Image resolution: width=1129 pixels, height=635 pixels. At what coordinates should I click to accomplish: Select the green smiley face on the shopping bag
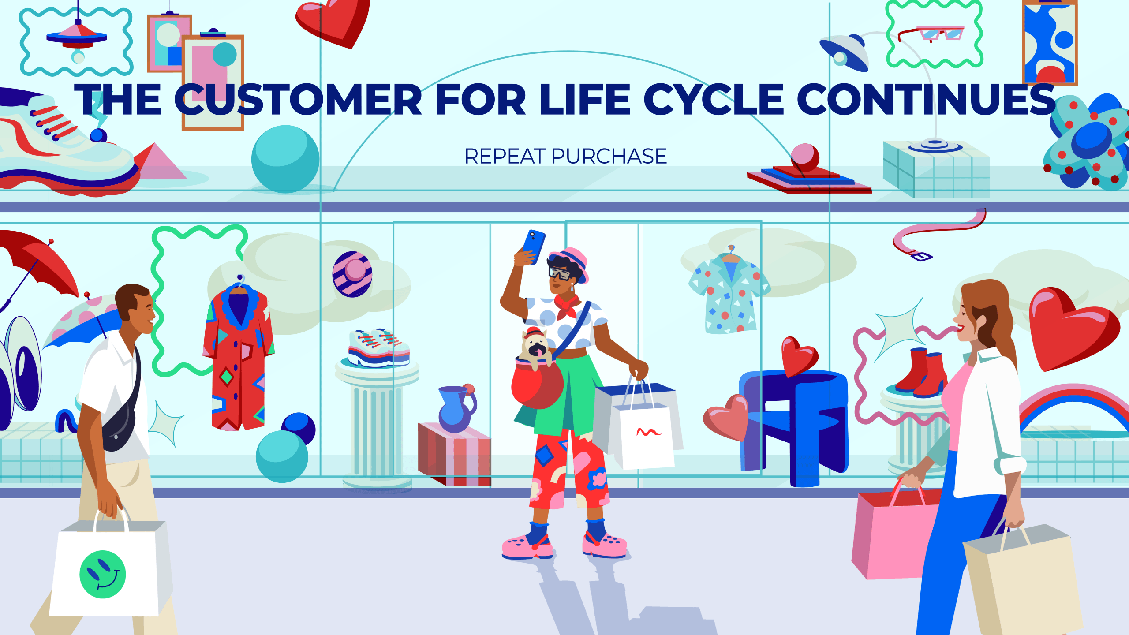tap(102, 574)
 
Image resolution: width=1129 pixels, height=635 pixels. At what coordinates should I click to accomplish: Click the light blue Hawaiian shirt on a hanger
tap(729, 293)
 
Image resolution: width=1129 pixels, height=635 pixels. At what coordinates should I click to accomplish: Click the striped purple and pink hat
tap(352, 274)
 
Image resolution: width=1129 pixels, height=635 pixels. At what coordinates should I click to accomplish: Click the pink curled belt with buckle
tap(939, 234)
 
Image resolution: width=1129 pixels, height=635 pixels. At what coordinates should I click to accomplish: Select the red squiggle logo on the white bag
tap(648, 432)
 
